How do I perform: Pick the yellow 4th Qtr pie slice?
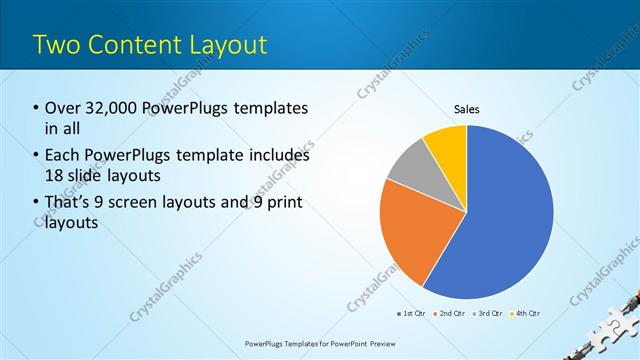click(446, 144)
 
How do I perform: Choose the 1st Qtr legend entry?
click(413, 314)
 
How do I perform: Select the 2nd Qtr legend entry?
click(451, 314)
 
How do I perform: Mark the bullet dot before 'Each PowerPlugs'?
click(36, 156)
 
